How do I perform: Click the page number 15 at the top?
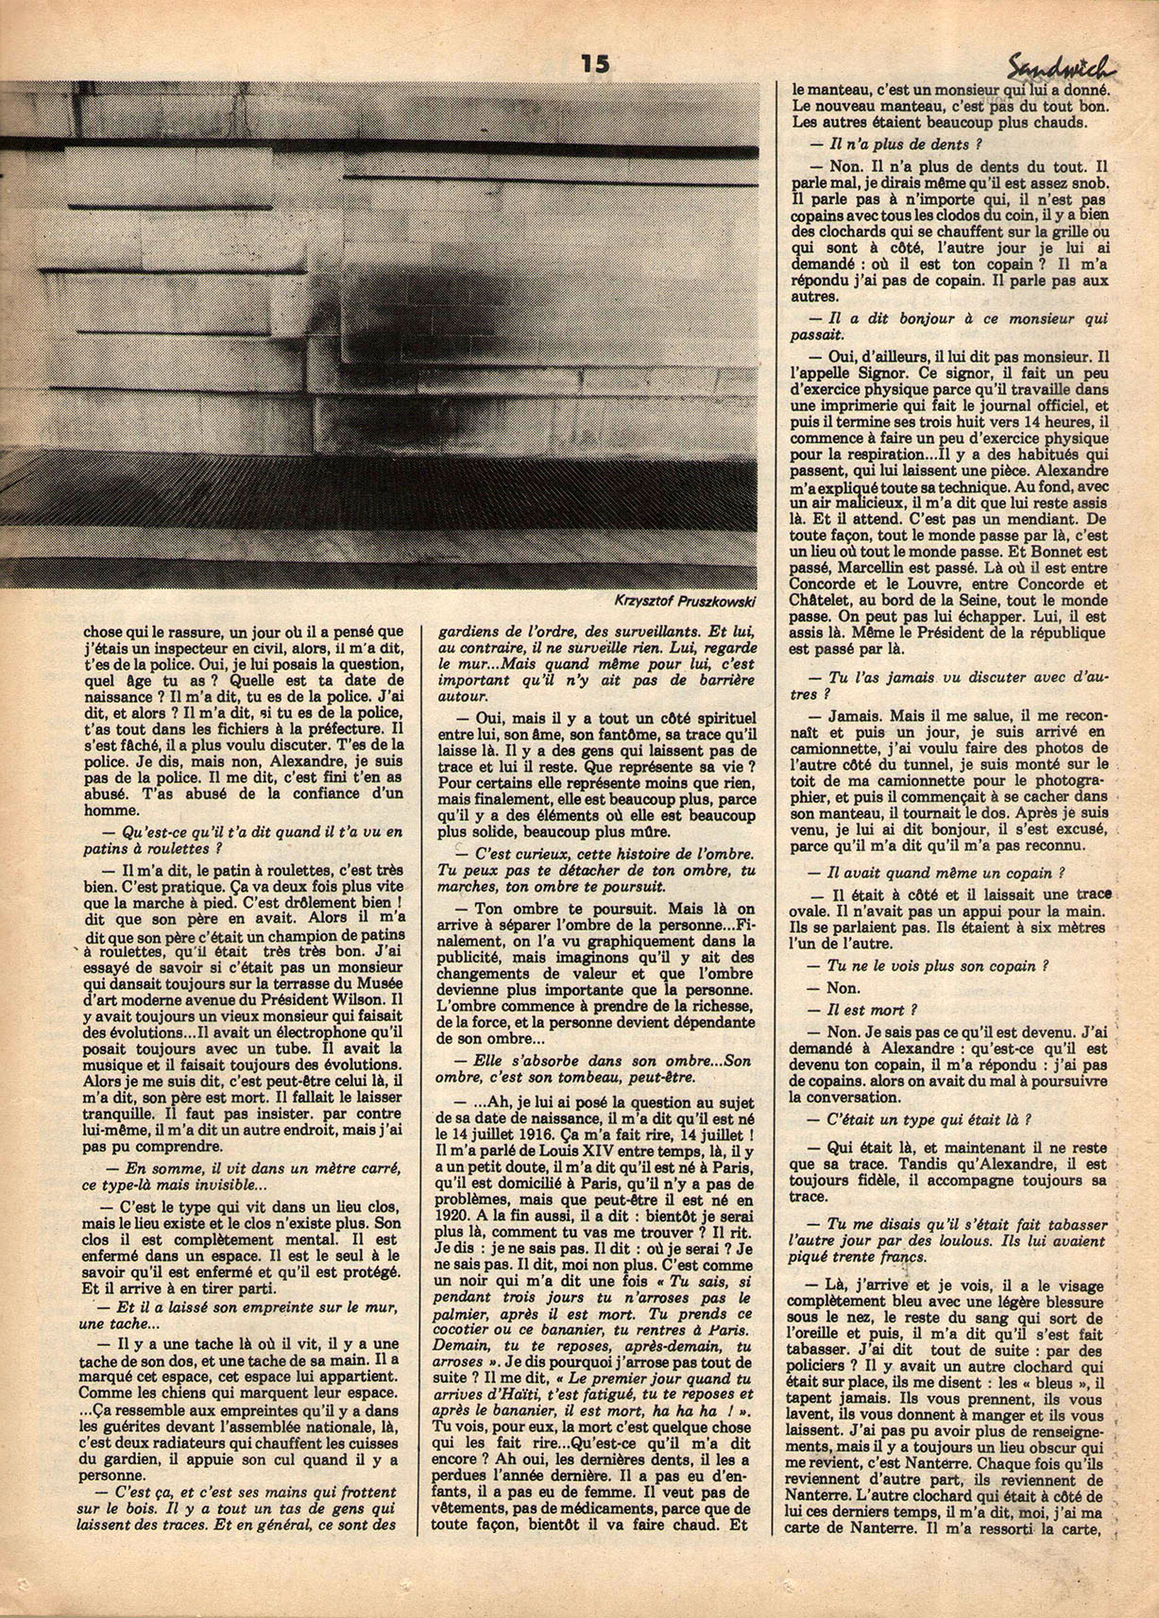[595, 63]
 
